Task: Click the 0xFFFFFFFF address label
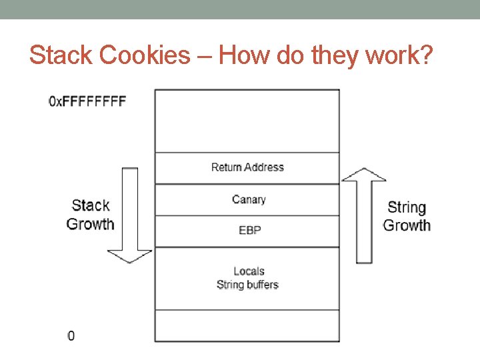[x=87, y=102]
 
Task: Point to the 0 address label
[x=71, y=335]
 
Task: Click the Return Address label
[x=247, y=167]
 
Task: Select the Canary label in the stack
[x=249, y=199]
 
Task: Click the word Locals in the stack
[x=249, y=271]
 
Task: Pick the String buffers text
[x=247, y=285]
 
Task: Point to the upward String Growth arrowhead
[x=363, y=175]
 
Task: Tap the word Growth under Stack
[x=91, y=224]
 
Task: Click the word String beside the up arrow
[x=407, y=208]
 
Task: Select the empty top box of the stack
[x=247, y=121]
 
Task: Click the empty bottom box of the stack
[x=247, y=326]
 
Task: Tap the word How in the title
[x=241, y=55]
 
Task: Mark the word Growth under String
[x=407, y=225]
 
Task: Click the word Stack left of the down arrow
[x=91, y=205]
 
